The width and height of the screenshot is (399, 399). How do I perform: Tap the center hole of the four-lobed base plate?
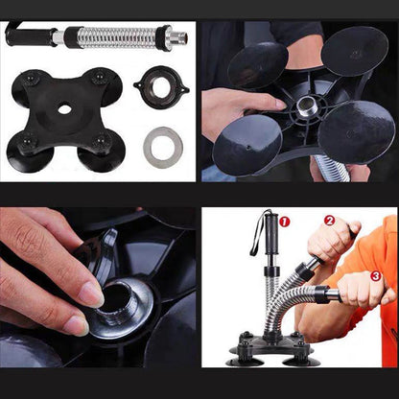coord(63,108)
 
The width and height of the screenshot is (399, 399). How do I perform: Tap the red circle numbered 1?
coord(283,222)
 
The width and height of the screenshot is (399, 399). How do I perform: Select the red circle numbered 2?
coord(329,220)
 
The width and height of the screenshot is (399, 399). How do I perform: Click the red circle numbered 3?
coord(375,276)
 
